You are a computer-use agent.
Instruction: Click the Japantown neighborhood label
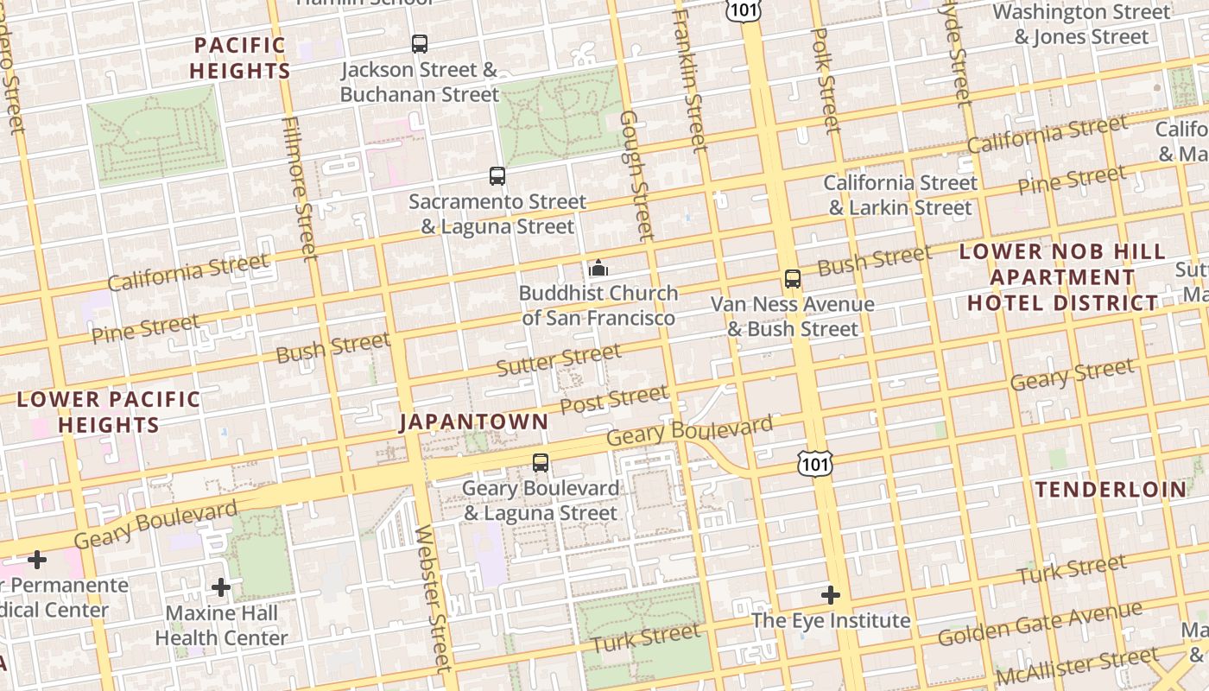(x=473, y=422)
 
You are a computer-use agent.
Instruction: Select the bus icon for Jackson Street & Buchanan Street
(x=420, y=44)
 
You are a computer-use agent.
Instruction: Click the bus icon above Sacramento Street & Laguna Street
(x=497, y=176)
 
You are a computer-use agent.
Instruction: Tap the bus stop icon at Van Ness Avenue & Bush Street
(x=793, y=279)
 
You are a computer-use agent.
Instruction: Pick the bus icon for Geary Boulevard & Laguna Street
(x=541, y=463)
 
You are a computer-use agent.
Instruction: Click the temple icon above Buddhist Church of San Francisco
(x=598, y=268)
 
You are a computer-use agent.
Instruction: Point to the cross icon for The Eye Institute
(x=831, y=595)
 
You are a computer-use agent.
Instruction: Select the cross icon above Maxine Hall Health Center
(x=221, y=587)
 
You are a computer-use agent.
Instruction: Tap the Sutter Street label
(x=559, y=359)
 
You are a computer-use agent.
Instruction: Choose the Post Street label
(x=614, y=400)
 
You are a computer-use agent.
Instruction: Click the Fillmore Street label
(x=301, y=187)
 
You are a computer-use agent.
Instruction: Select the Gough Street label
(x=636, y=174)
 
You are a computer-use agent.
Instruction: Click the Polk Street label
(x=826, y=80)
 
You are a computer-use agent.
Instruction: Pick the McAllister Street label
(x=1076, y=666)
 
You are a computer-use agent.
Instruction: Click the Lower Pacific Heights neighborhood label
(x=109, y=412)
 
